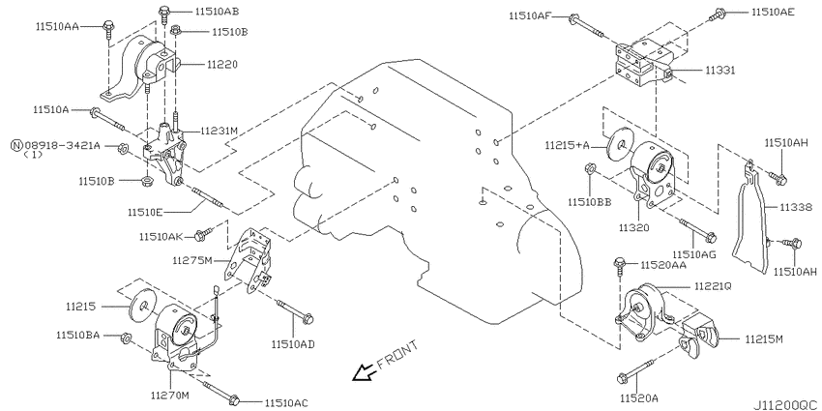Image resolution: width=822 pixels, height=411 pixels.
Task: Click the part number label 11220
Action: tap(221, 65)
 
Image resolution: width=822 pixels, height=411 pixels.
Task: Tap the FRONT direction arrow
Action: tap(362, 372)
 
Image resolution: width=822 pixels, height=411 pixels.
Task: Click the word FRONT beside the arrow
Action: tap(396, 355)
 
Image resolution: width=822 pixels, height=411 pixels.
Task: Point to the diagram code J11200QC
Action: tap(786, 406)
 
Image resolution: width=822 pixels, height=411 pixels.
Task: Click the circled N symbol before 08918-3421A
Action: tap(16, 145)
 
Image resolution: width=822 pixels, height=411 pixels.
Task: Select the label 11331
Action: tap(719, 70)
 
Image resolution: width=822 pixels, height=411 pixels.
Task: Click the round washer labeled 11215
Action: tap(142, 306)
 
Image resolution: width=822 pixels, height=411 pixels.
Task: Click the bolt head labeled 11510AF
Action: tap(573, 19)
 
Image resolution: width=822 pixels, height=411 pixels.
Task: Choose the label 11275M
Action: tap(192, 260)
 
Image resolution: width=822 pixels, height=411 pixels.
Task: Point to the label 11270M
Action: tap(169, 396)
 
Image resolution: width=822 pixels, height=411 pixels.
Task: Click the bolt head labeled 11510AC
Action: tap(235, 400)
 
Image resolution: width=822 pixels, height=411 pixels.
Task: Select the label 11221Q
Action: tap(713, 286)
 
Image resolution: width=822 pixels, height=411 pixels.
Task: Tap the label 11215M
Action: tap(764, 339)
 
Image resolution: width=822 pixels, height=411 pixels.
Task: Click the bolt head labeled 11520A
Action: tap(623, 377)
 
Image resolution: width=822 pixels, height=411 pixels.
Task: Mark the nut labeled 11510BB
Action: tap(589, 169)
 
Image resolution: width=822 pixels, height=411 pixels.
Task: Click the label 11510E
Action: tap(145, 213)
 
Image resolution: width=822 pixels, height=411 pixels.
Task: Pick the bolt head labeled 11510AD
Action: tap(308, 318)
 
